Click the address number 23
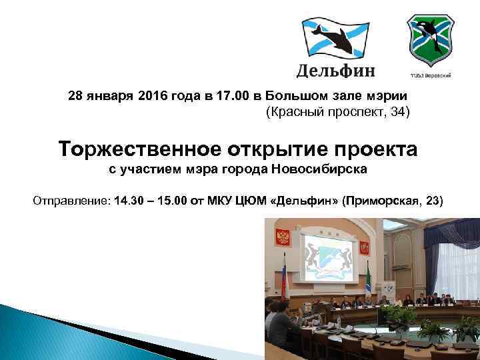click(x=433, y=200)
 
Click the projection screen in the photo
click(x=329, y=259)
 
